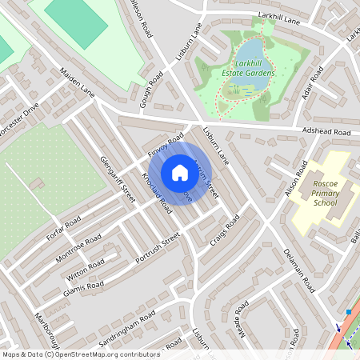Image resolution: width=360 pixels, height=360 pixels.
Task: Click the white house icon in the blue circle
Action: click(180, 173)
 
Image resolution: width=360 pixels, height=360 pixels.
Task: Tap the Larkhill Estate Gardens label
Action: click(255, 67)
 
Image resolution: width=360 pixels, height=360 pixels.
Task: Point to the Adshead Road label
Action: click(325, 131)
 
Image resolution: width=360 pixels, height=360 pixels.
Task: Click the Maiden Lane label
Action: click(77, 83)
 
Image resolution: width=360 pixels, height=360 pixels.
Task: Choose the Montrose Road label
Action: click(78, 250)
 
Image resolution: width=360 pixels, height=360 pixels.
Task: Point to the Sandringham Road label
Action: click(125, 328)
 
